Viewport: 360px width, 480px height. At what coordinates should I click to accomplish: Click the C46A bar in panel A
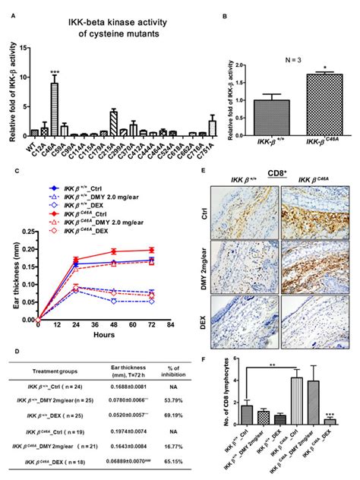point(54,110)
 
